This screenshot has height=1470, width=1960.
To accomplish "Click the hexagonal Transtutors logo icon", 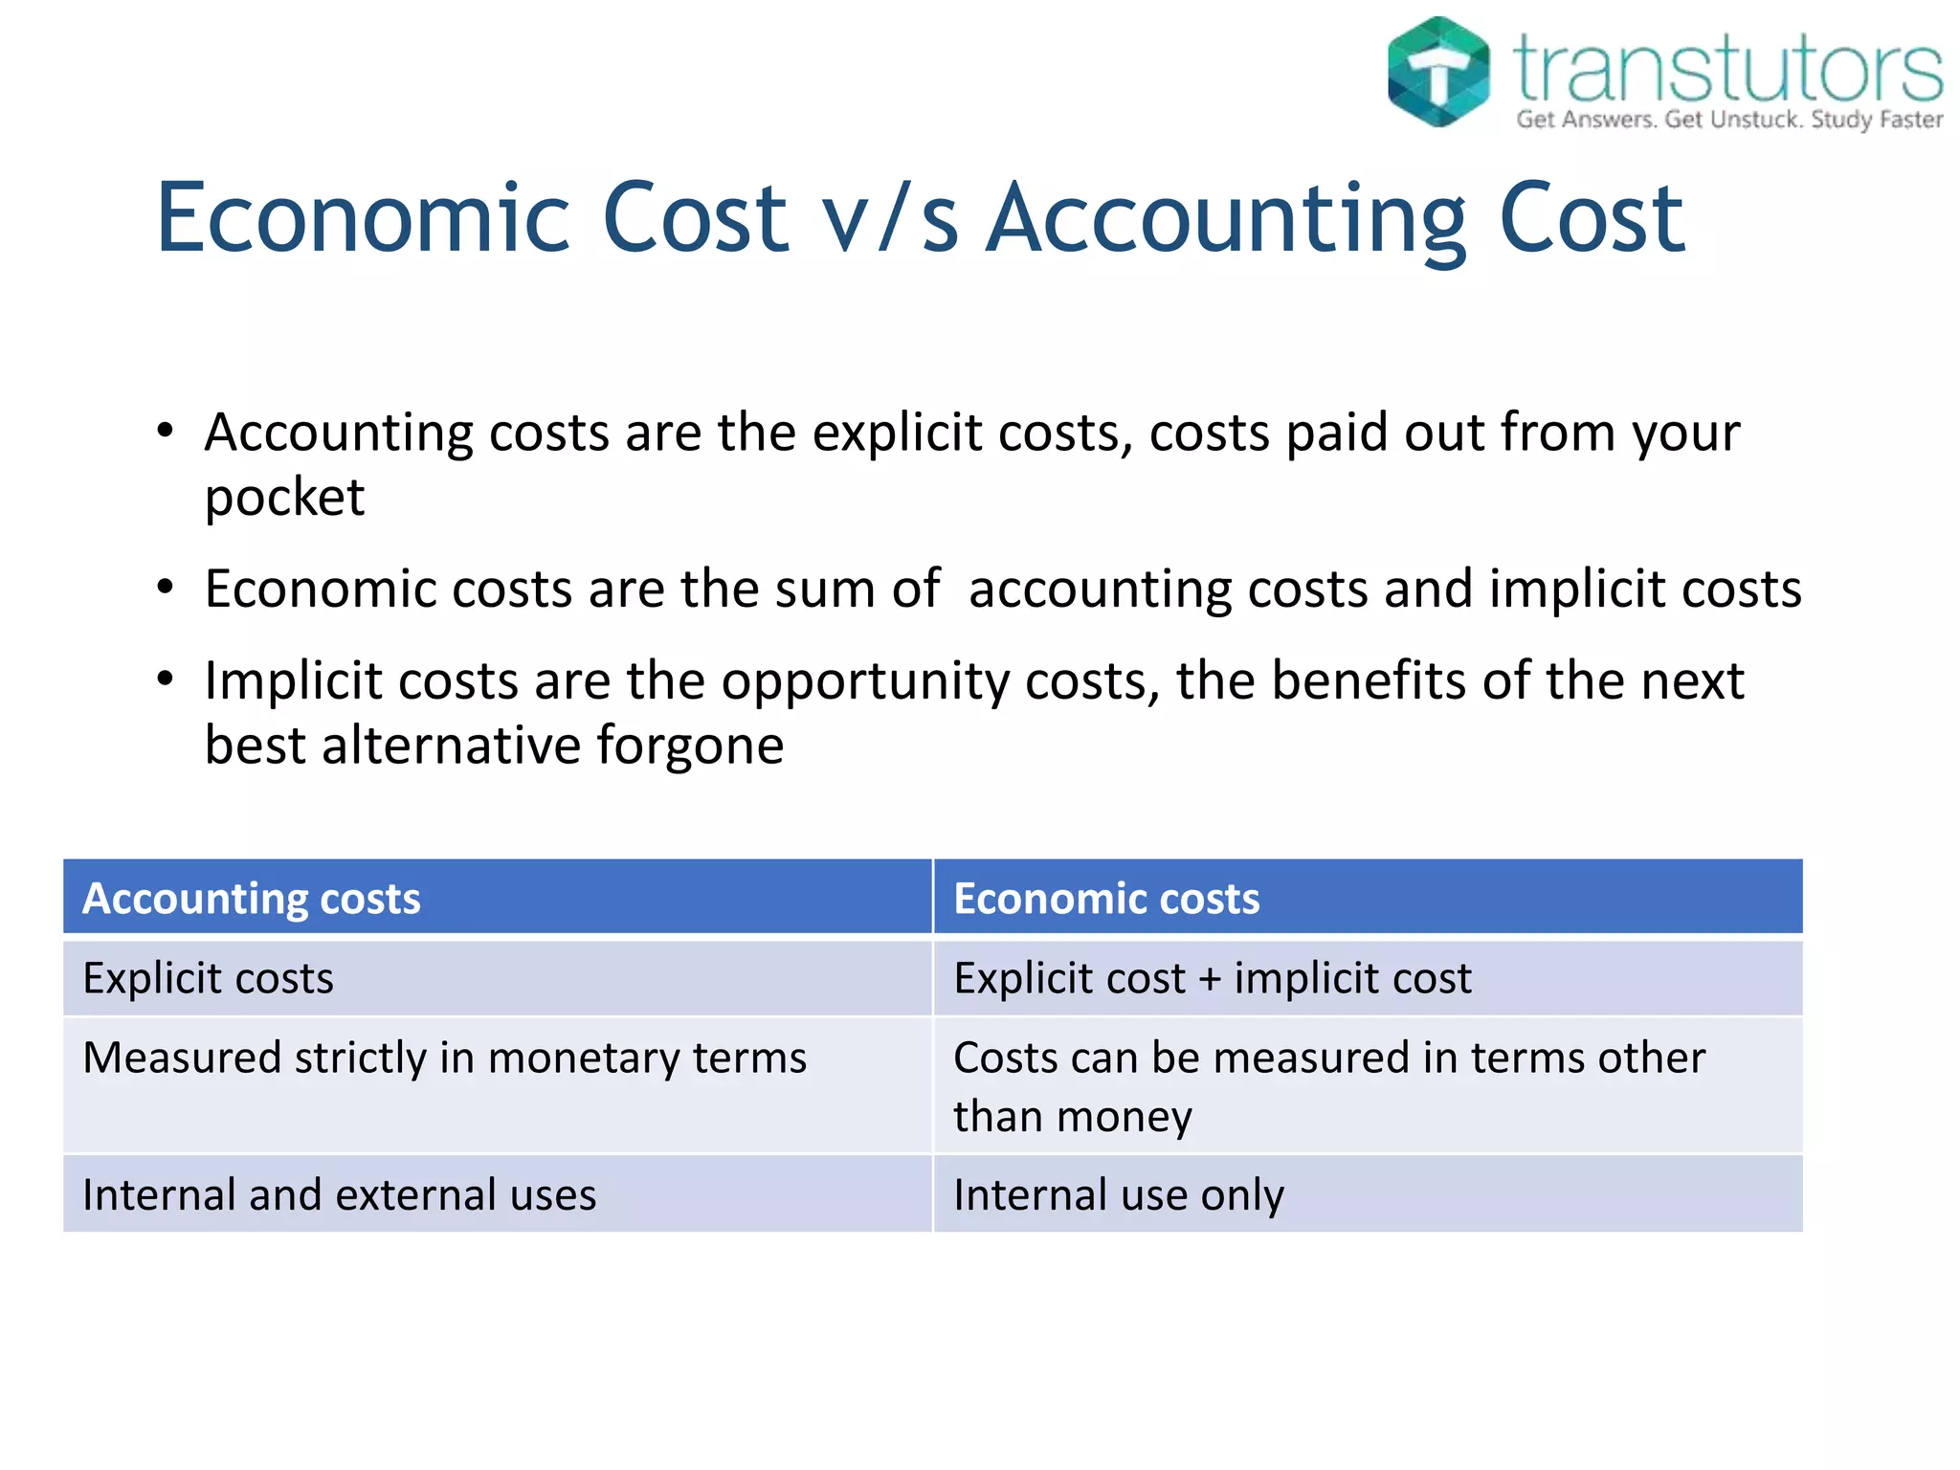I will click(x=1437, y=72).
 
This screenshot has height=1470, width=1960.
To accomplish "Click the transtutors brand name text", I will click(x=1727, y=67).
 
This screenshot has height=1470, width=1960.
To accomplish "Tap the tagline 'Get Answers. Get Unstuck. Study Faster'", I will click(x=1729, y=120).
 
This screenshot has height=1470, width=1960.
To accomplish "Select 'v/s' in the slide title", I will click(x=890, y=220).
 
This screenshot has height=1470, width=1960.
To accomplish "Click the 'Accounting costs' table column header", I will click(x=252, y=898).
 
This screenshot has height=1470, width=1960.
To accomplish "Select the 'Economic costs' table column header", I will click(x=1106, y=898).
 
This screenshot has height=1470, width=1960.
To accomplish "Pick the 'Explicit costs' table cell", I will click(x=209, y=978).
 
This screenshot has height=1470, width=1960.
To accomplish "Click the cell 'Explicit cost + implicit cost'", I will click(x=1212, y=978).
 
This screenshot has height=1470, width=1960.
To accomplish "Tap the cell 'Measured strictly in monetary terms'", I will click(x=445, y=1058).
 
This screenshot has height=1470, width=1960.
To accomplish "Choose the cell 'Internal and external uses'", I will click(x=340, y=1194).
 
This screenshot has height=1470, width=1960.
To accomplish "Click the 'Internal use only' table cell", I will click(x=1119, y=1194).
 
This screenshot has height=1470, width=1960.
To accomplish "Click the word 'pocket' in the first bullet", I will click(x=284, y=498).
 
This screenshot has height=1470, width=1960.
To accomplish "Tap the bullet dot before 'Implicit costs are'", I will click(x=166, y=679).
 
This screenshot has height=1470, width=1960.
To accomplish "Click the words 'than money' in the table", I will click(x=1073, y=1117).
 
